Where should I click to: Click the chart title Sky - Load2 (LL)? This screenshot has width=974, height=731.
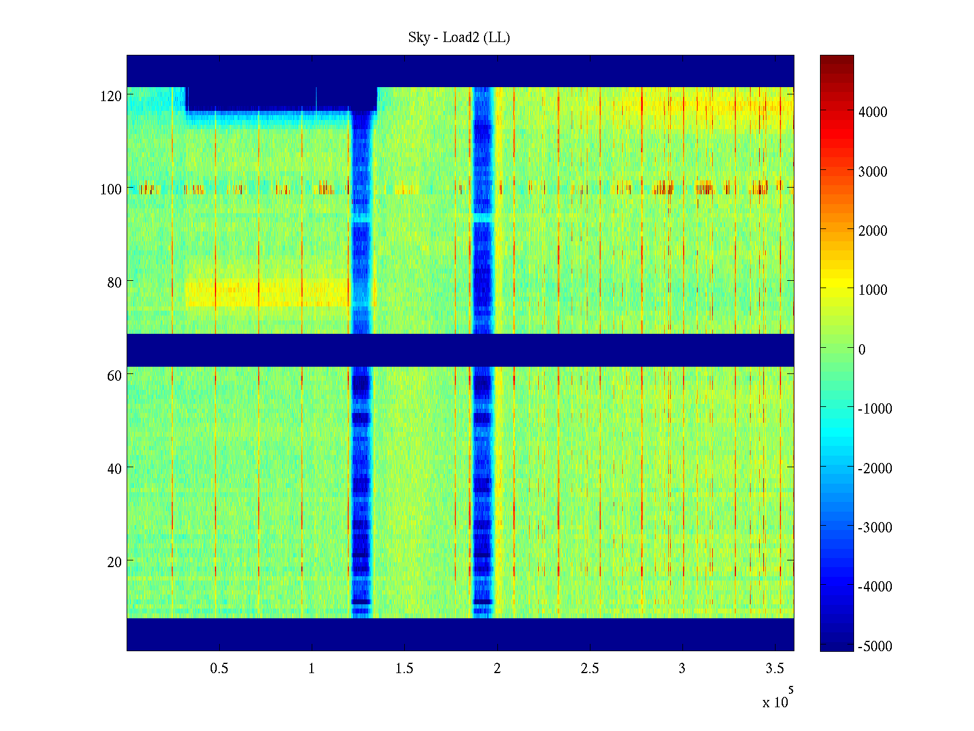[459, 38]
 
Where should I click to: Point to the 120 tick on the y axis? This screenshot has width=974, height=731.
[111, 96]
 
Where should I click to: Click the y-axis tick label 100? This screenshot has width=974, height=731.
[111, 189]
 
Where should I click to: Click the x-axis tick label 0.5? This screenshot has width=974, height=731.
[219, 669]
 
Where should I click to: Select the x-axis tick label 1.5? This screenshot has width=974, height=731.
[404, 669]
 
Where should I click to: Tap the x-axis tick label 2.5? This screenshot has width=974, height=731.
[590, 669]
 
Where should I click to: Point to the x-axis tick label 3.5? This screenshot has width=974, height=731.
[775, 669]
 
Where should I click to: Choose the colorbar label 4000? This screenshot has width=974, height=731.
[873, 112]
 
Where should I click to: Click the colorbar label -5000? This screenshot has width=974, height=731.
[875, 646]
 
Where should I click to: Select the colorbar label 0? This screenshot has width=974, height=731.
[861, 350]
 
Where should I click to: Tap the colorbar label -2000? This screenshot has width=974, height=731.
[875, 468]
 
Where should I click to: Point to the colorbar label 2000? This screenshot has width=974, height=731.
[873, 231]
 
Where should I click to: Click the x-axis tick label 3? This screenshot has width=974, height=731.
[682, 669]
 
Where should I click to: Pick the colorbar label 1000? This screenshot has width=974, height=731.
[873, 290]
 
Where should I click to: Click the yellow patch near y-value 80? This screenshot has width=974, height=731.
[268, 294]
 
